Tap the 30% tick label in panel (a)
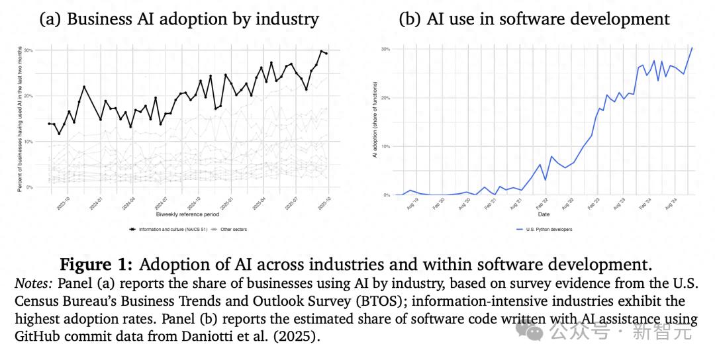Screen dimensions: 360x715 tap(28, 50)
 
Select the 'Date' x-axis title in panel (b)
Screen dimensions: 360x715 tap(544, 214)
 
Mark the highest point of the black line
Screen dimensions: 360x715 tap(322, 51)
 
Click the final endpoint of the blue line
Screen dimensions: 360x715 tap(692, 48)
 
